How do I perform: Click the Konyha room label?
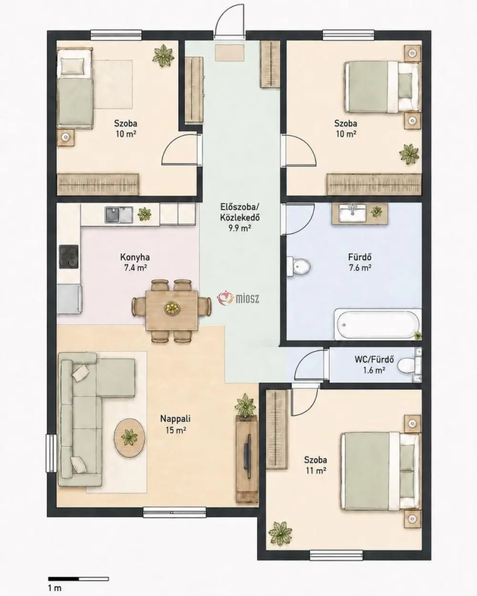pos(135,257)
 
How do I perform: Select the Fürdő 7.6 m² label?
pos(360,262)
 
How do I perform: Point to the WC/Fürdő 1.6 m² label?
pos(374,365)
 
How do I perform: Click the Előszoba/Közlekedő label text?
pos(240,212)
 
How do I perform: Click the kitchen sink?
pos(119,214)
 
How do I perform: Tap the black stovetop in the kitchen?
pos(69,256)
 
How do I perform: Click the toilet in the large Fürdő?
pos(298,266)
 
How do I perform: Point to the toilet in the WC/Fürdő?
pos(409,365)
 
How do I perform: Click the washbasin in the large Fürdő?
pos(353,213)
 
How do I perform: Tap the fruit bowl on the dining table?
pos(172,308)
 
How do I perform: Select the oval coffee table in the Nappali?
pos(129,442)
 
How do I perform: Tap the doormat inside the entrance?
pos(230,53)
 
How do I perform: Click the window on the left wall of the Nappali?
pos(51,453)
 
